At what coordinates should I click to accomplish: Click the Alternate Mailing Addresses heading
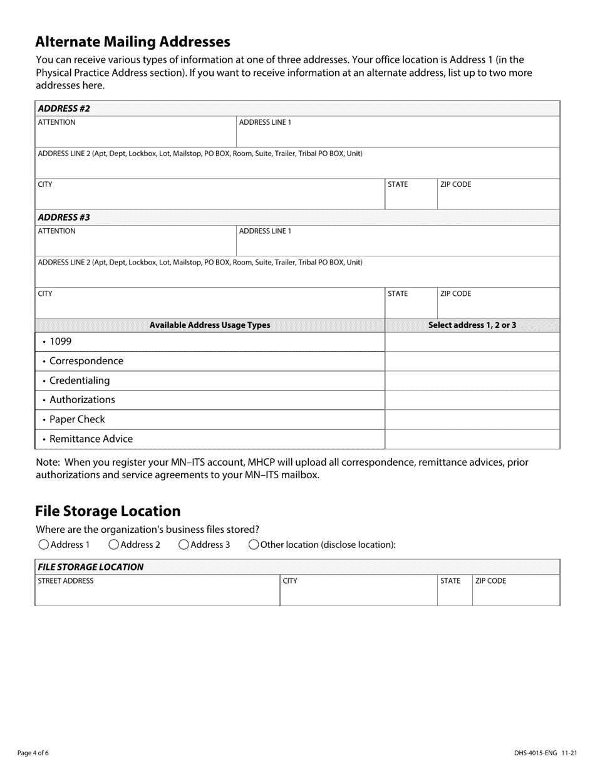coord(133,42)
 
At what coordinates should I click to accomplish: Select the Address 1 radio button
coord(44,545)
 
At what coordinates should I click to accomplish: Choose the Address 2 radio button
coord(114,545)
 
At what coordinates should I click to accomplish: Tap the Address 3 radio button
coord(184,545)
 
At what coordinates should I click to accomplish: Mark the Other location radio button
coord(254,545)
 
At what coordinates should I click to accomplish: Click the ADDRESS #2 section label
coord(64,108)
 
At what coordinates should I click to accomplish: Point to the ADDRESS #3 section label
coord(64,218)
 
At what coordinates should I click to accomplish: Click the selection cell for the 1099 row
coord(472,342)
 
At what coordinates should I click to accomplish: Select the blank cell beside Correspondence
coord(472,361)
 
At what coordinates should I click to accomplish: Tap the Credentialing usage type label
coord(79,380)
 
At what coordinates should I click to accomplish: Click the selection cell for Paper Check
coord(472,419)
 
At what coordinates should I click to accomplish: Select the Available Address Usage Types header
coord(210,325)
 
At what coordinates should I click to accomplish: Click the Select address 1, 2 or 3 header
coord(472,325)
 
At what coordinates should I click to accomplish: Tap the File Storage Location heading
coord(108,511)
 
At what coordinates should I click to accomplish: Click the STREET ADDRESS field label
coord(66,581)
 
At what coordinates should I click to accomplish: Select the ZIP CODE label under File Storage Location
coord(490,581)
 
